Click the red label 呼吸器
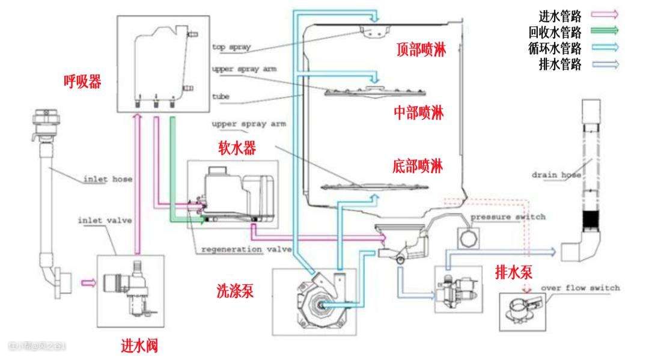coord(82,81)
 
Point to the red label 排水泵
coord(513,272)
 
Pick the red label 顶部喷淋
coord(421,50)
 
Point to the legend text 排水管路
coord(560,64)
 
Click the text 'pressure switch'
coord(508,217)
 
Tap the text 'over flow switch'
coord(580,288)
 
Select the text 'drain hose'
coord(556,175)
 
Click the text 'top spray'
coord(231,46)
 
